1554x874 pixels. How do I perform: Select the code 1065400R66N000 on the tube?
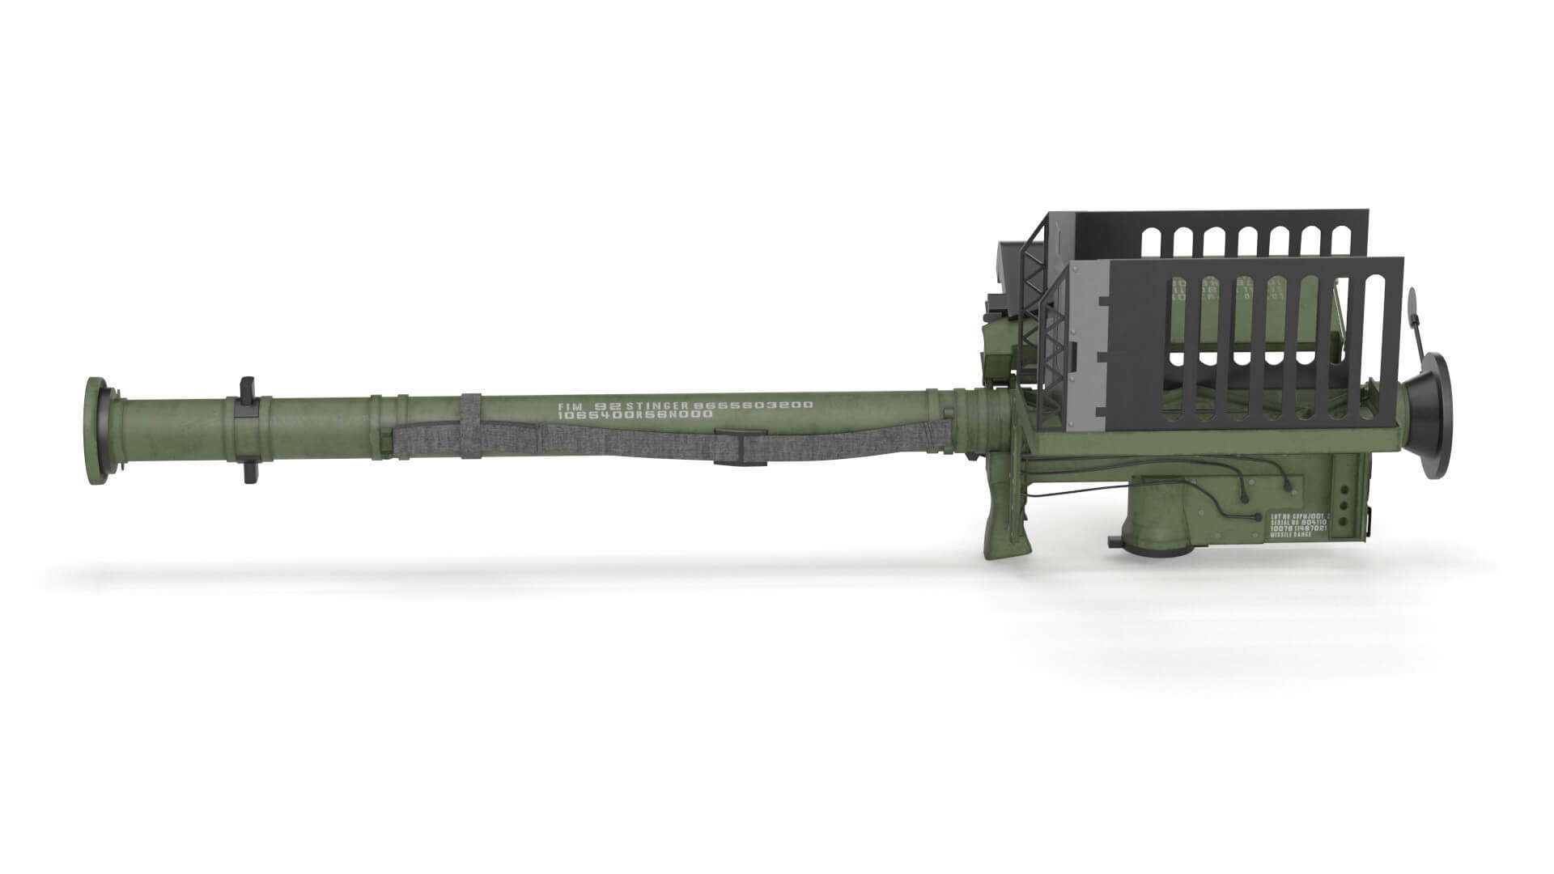pos(635,415)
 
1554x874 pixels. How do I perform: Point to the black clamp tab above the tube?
pos(248,387)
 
